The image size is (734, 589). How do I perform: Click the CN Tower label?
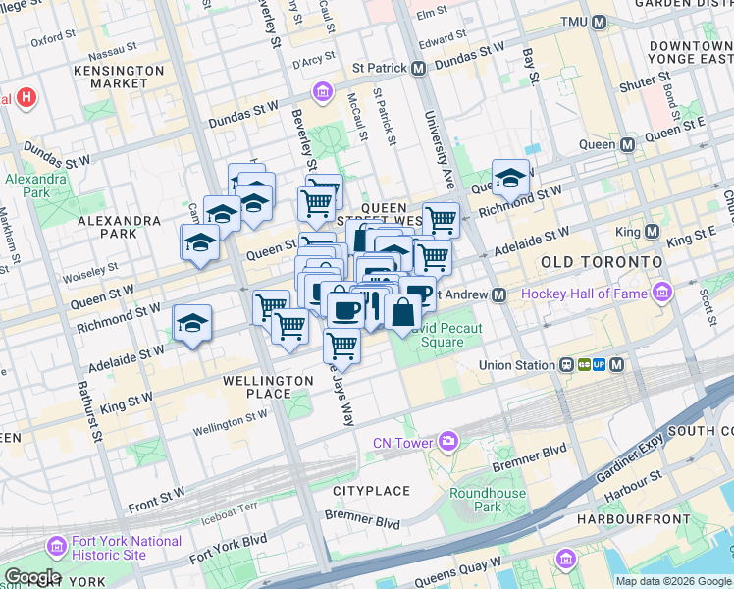pos(402,443)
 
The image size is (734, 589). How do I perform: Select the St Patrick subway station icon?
pos(418,69)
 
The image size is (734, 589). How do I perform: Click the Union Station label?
pos(517,365)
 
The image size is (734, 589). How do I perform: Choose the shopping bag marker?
pos(402,314)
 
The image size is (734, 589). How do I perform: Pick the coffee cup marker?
pos(343,310)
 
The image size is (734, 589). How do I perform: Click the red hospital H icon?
pos(26,98)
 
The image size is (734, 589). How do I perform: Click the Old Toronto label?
pos(602,263)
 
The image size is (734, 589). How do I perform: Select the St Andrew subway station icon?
pos(499,294)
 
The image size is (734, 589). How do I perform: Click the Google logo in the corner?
pos(32,577)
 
